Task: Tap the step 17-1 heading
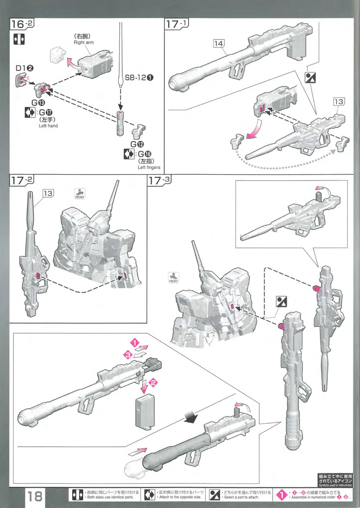(x=176, y=24)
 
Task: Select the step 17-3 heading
(x=159, y=180)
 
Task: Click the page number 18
(x=35, y=496)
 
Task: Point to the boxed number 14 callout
(x=219, y=43)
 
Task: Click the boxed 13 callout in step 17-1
(x=338, y=102)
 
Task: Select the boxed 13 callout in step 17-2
(x=48, y=193)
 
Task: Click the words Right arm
(x=84, y=42)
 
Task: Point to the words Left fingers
(x=149, y=167)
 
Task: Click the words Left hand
(x=48, y=126)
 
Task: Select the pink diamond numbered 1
(x=135, y=343)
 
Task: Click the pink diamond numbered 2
(x=153, y=383)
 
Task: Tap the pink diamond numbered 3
(x=128, y=355)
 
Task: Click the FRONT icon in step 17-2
(x=80, y=194)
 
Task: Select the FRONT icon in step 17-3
(x=174, y=278)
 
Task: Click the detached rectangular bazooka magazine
(x=145, y=412)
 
